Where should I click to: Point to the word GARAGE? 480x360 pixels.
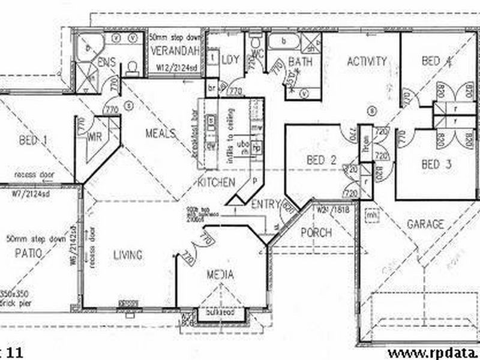pos(425,224)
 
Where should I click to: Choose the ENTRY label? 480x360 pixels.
pos(266,204)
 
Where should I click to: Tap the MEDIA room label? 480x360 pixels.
pos(220,275)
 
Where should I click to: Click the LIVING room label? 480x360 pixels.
pos(128,255)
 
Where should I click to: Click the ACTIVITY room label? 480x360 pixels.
pos(367,61)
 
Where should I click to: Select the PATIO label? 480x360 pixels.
pos(28,253)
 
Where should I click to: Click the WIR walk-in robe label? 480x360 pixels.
pos(94,137)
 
